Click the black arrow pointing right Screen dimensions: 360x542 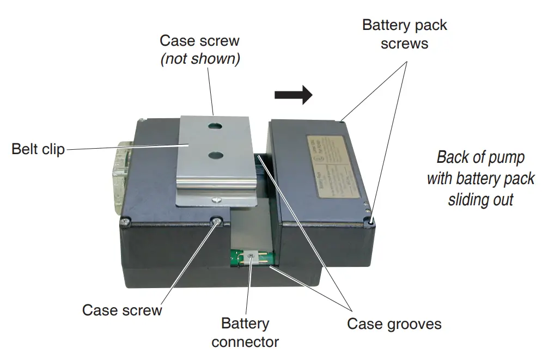pyautogui.click(x=293, y=95)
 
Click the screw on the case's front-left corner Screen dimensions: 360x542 pyautogui.click(x=126, y=222)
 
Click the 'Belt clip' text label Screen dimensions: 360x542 pyautogui.click(x=38, y=149)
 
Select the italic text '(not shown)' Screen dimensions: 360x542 pyautogui.click(x=200, y=59)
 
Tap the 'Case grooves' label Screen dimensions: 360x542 pyautogui.click(x=394, y=325)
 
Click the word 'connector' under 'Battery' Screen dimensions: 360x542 pyautogui.click(x=245, y=342)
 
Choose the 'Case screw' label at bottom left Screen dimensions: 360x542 pyautogui.click(x=122, y=310)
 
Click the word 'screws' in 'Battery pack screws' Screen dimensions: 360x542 pyautogui.click(x=404, y=44)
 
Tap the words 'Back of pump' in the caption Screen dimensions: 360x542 pyautogui.click(x=480, y=157)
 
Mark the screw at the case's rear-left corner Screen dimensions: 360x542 pyautogui.click(x=142, y=119)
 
